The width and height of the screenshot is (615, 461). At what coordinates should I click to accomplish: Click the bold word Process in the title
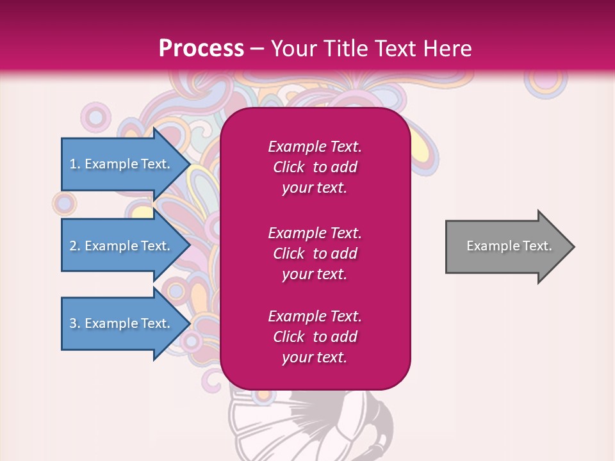coord(201,48)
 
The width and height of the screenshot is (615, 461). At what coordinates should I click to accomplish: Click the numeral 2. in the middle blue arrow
coord(75,246)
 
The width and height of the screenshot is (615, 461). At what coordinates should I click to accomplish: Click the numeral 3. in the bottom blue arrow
coord(75,323)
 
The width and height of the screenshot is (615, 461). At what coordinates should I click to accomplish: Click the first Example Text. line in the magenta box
coord(315,147)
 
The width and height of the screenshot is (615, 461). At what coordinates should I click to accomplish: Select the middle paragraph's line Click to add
coord(315,254)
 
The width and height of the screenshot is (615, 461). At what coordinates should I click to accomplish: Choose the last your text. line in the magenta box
coord(315,358)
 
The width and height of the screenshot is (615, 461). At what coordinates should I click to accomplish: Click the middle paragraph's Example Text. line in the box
coord(315,232)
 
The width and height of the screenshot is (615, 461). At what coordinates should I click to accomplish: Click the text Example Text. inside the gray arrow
coord(509,246)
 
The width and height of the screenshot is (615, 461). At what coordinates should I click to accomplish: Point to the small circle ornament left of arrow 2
coord(64,204)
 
